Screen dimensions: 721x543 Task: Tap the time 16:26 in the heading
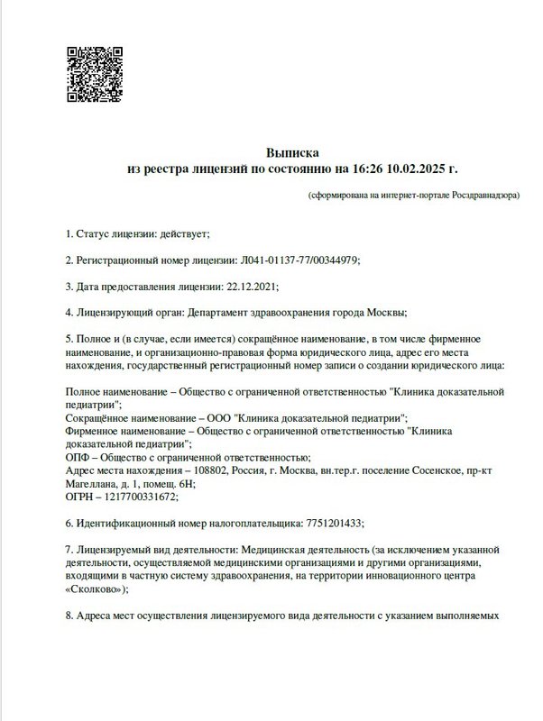367,169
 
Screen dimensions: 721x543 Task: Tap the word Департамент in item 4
221,313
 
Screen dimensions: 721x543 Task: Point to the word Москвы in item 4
386,313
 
